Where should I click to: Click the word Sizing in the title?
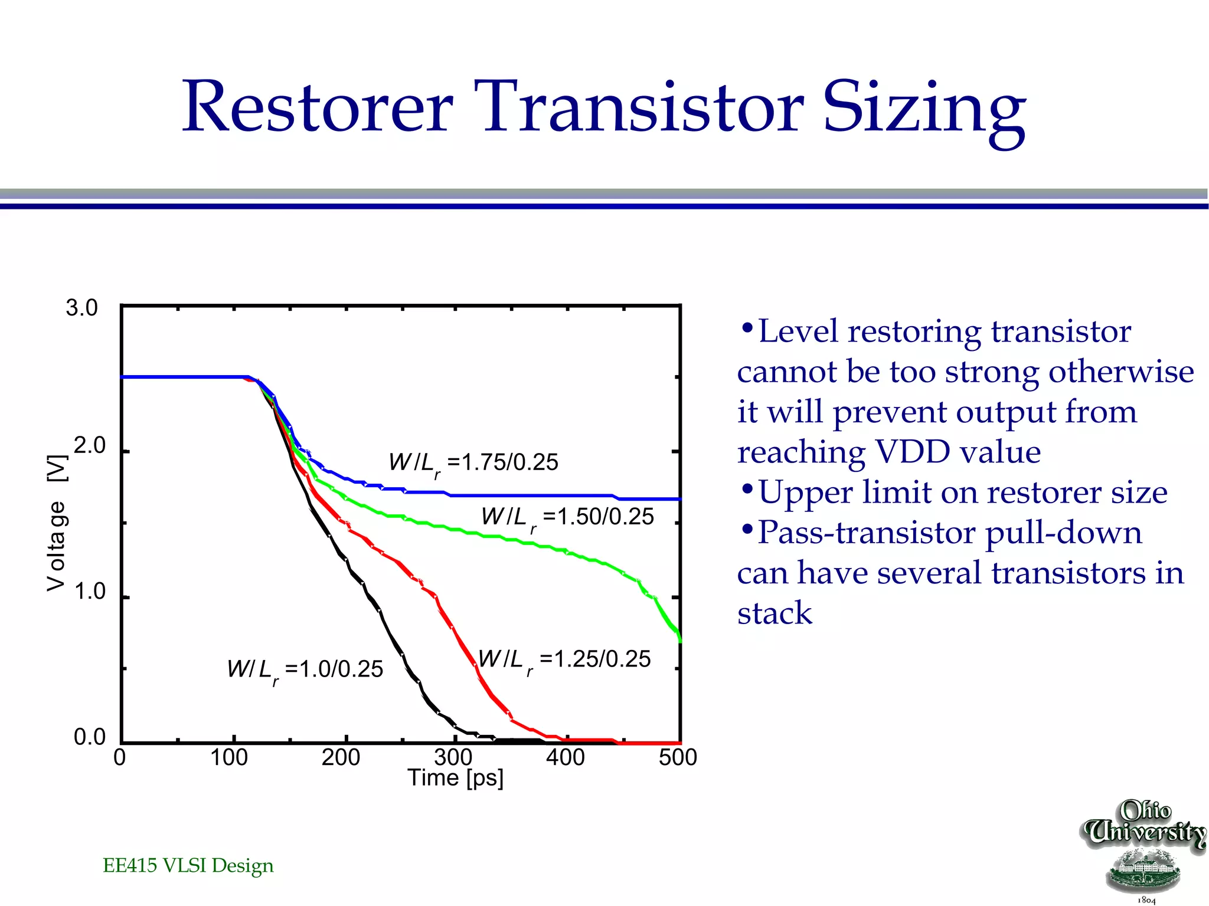tap(924, 109)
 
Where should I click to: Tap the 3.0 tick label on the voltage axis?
tap(81, 308)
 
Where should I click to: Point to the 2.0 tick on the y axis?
tap(89, 446)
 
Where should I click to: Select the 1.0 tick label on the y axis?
tap(89, 591)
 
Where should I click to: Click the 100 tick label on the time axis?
tap(229, 757)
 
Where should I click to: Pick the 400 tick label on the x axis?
tap(565, 757)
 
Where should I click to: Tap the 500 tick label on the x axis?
tap(678, 757)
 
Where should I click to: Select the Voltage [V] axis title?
tap(57, 523)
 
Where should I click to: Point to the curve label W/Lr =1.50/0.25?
tap(567, 518)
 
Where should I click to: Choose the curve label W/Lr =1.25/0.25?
tap(564, 660)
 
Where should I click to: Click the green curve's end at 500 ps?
tap(679, 639)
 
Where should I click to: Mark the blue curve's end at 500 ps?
tap(679, 499)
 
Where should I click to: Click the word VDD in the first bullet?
tap(906, 452)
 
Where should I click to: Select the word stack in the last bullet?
tap(775, 613)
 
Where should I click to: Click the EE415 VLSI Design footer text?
tap(188, 865)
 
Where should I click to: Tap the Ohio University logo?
tap(1143, 849)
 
